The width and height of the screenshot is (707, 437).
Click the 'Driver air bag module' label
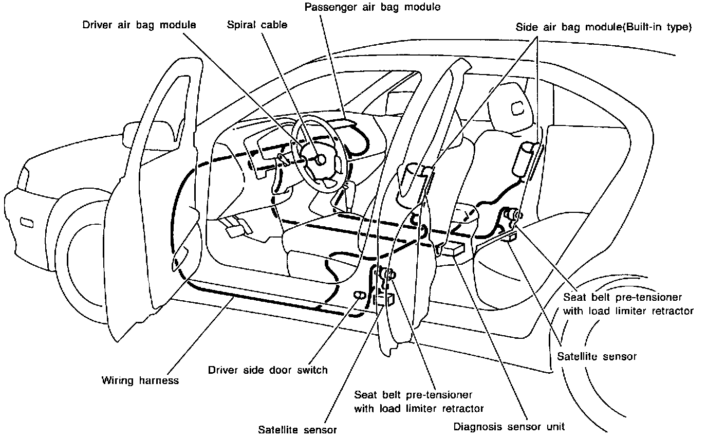pyautogui.click(x=139, y=25)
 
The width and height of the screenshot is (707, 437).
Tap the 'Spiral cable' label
pyautogui.click(x=257, y=25)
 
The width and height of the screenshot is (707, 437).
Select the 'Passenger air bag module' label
pyautogui.click(x=373, y=7)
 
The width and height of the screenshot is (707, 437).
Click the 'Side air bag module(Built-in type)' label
pyautogui.click(x=604, y=27)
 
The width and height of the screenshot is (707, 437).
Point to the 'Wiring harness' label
pyautogui.click(x=140, y=380)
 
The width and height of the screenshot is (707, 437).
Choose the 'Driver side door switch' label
pyautogui.click(x=268, y=370)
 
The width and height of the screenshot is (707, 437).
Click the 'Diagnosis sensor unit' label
pyautogui.click(x=509, y=426)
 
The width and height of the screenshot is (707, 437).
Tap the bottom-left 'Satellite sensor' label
pyautogui.click(x=297, y=429)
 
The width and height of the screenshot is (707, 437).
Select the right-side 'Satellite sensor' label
pyautogui.click(x=597, y=356)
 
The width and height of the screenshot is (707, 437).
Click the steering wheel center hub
pyautogui.click(x=321, y=159)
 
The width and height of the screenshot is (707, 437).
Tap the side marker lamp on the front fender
pyautogui.click(x=27, y=223)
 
